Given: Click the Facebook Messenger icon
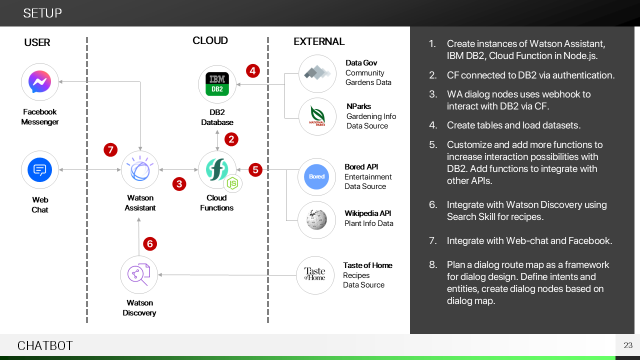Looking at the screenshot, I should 40,82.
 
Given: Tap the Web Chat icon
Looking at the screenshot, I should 40,170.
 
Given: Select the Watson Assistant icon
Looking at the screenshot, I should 140,170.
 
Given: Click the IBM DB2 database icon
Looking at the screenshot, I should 217,84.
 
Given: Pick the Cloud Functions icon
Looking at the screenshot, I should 217,170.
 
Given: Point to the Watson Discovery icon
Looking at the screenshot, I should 138,274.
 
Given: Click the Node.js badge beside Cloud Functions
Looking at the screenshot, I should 232,183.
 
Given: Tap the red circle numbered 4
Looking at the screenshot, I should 253,71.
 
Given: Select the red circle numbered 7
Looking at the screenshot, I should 110,149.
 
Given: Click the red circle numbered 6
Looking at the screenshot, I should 150,244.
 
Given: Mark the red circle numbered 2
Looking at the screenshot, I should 231,139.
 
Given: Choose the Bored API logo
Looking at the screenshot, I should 316,176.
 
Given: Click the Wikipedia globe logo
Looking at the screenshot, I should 316,220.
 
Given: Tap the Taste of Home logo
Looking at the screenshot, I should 315,274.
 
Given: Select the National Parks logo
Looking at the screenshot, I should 317,116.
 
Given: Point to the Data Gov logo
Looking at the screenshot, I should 317,73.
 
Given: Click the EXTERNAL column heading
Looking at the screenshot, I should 319,42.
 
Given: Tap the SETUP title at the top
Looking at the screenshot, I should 42,13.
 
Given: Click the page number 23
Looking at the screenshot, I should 628,345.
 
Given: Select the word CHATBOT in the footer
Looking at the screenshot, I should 45,345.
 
